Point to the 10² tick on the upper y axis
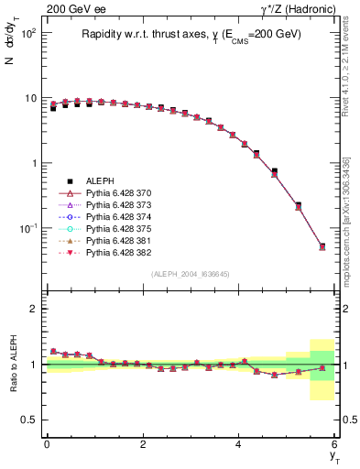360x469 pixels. (28, 33)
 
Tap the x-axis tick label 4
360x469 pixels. (238, 444)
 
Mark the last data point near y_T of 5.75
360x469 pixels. (322, 246)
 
